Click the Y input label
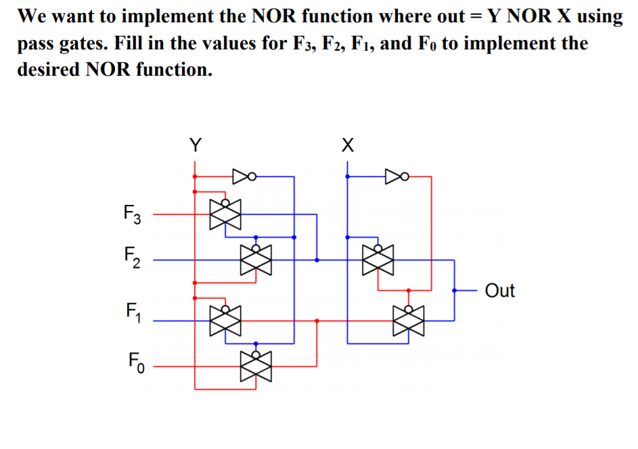tap(195, 145)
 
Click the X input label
tap(347, 145)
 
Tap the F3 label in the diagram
tap(133, 216)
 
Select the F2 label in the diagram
tap(133, 257)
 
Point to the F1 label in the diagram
tap(133, 314)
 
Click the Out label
tap(500, 291)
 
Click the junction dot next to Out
tap(455, 290)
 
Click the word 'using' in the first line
tap(598, 16)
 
